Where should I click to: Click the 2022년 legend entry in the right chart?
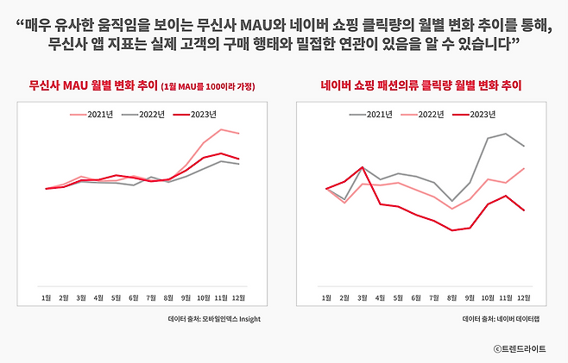[x=423, y=114]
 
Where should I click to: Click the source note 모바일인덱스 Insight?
[x=214, y=318]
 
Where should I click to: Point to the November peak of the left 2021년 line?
[x=221, y=129]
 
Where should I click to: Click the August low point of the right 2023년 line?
[x=451, y=230]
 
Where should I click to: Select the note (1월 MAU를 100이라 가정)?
[x=208, y=87]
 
